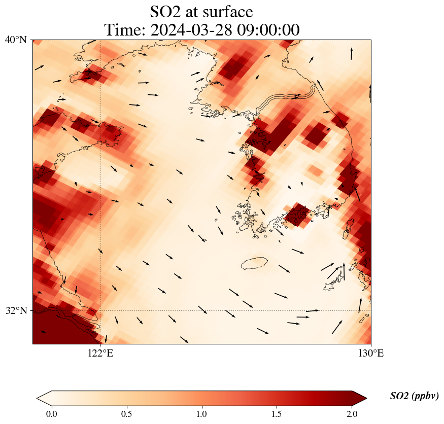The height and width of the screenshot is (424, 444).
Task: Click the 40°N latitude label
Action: (16, 40)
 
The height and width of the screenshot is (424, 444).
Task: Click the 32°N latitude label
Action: (16, 310)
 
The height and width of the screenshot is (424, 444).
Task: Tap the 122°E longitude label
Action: (100, 354)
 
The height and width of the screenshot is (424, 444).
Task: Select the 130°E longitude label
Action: (370, 354)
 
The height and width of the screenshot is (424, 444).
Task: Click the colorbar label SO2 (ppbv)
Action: (414, 396)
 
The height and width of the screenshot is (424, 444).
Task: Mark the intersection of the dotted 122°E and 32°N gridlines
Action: (100, 310)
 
